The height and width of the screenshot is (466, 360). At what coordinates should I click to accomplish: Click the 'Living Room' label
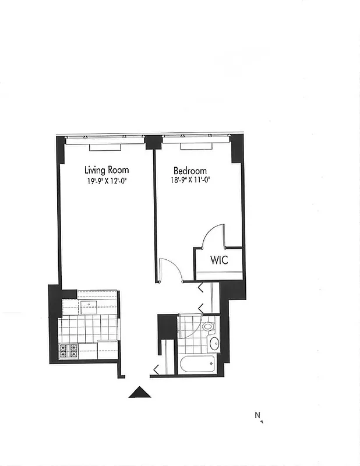click(107, 170)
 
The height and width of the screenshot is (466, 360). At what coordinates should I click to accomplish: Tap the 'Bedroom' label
click(190, 171)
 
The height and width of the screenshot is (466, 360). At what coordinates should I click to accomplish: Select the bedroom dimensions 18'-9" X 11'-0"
click(190, 180)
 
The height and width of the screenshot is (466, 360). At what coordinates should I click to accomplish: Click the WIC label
click(218, 260)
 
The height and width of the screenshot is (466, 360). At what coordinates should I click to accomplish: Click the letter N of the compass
click(257, 415)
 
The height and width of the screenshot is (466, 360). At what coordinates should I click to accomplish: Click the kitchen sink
click(89, 306)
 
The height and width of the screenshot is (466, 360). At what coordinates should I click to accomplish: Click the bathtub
click(197, 365)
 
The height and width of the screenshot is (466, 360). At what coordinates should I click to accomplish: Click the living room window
click(105, 140)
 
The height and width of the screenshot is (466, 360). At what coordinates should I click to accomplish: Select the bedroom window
click(196, 140)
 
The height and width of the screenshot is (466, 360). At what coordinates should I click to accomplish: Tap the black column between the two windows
click(153, 142)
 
